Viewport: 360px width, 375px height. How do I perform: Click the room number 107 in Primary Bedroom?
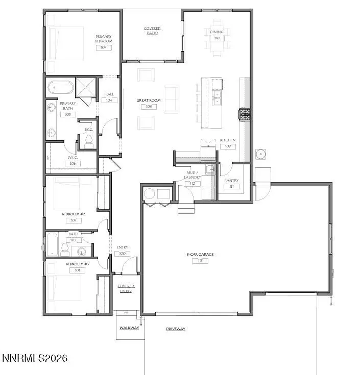(x=104, y=47)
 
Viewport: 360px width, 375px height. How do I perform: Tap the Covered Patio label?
(x=152, y=31)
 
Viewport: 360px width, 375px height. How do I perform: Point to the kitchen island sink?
(x=217, y=97)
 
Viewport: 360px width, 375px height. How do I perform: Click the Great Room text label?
(x=149, y=101)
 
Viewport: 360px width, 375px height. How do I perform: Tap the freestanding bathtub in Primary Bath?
(x=61, y=87)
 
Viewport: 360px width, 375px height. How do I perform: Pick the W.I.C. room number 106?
(x=72, y=163)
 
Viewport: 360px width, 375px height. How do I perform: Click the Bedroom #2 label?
(x=73, y=214)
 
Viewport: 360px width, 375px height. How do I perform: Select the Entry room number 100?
(x=123, y=253)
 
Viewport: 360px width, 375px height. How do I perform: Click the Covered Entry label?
(x=126, y=289)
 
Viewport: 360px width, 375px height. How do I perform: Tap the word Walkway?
(x=129, y=328)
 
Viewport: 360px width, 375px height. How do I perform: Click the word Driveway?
(x=175, y=329)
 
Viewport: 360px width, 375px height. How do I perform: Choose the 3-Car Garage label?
(x=199, y=254)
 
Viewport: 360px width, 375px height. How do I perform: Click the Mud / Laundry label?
(x=193, y=176)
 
